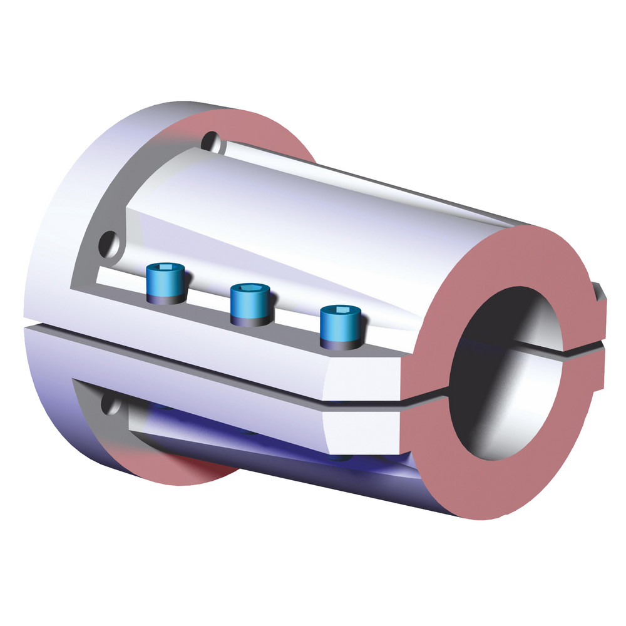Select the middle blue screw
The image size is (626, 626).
coord(250,304)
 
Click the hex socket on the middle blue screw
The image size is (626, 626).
coord(250,292)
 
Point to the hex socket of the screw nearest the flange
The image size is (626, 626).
coord(165,271)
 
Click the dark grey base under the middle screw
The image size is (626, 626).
coord(250,319)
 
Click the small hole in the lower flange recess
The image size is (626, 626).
coord(113,406)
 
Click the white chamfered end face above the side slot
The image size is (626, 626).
coord(363,376)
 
